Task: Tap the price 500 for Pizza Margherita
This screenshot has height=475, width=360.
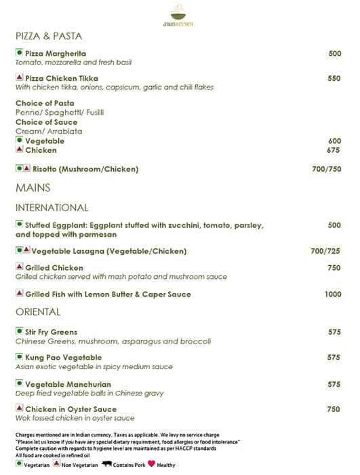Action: (x=334, y=54)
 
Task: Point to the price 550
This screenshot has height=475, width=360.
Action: (x=334, y=78)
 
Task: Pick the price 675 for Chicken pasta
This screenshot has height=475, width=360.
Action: (x=333, y=150)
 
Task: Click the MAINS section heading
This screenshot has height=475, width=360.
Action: (x=33, y=187)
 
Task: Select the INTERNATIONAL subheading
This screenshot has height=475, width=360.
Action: (x=52, y=208)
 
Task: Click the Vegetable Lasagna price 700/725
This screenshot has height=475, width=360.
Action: (x=325, y=251)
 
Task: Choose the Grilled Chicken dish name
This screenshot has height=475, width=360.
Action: (x=54, y=268)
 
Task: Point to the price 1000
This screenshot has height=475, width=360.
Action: (x=333, y=294)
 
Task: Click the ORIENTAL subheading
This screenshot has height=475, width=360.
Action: (x=38, y=312)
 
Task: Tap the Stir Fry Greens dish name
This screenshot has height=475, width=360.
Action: (x=51, y=332)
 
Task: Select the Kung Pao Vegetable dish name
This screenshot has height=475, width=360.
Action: (x=63, y=358)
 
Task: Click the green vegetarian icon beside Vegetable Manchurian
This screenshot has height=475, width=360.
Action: (x=19, y=384)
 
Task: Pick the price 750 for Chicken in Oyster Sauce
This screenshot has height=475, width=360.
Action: (x=334, y=409)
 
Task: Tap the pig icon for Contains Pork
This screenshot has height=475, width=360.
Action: (x=107, y=465)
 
